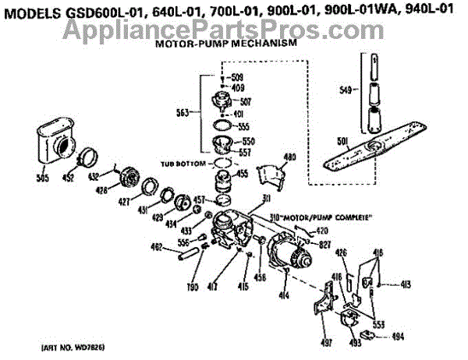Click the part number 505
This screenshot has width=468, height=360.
click(x=43, y=178)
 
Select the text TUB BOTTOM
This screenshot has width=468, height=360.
click(x=183, y=164)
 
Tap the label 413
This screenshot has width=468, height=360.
click(x=406, y=284)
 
